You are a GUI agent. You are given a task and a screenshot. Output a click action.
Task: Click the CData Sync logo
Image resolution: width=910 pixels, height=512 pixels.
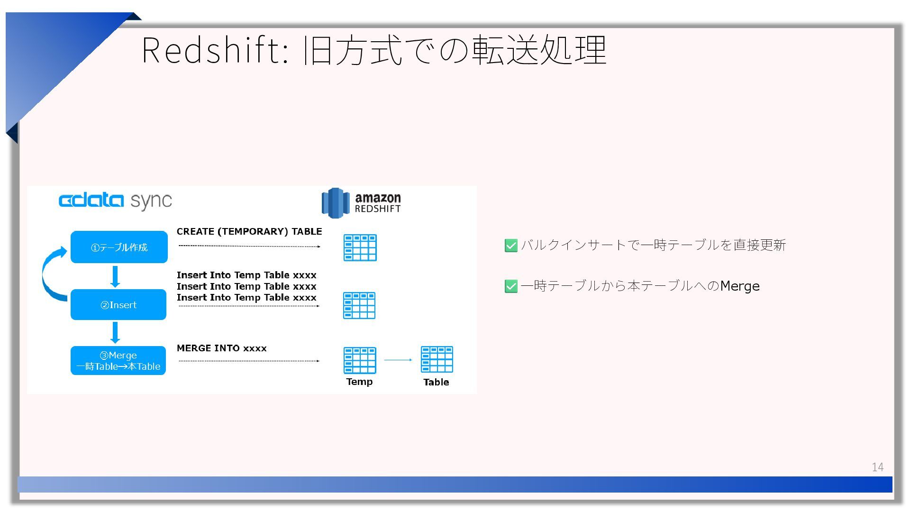115,201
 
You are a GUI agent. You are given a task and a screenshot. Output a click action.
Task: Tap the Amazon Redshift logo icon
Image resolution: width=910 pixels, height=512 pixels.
335,203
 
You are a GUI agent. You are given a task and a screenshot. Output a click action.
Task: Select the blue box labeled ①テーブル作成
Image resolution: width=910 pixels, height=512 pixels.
119,247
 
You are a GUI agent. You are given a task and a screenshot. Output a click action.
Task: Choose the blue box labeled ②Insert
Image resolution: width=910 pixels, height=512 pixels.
118,305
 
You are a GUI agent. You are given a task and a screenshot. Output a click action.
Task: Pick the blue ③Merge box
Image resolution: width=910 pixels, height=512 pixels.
118,361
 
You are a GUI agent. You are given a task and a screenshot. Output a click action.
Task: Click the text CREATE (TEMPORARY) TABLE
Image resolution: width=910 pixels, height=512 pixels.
249,231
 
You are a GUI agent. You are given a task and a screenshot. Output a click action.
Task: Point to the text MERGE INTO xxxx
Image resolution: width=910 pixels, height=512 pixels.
221,348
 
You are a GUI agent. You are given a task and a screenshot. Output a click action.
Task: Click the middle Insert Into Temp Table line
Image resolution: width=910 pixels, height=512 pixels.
246,286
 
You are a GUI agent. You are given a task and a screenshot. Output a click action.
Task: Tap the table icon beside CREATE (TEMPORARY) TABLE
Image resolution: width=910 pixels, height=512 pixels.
360,247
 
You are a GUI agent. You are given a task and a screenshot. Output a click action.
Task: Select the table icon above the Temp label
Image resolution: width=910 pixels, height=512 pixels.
360,360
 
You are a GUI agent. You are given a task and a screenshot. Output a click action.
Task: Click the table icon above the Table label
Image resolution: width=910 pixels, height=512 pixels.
437,359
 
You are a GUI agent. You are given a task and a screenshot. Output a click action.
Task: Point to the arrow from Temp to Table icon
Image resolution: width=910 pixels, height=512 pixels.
398,360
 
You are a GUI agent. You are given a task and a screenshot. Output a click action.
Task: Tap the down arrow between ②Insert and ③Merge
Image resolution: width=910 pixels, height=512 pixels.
115,332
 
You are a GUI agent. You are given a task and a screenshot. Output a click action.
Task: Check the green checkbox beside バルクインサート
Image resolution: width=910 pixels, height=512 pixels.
511,246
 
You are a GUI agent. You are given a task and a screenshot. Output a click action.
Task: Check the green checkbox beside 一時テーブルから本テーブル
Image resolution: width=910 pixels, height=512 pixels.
511,286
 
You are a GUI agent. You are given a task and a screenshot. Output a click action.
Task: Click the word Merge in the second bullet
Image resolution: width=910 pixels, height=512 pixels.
739,286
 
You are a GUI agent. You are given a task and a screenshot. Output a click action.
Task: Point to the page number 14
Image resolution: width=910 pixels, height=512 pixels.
877,467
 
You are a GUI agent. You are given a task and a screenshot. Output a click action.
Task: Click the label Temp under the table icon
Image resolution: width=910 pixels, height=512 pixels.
359,382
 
